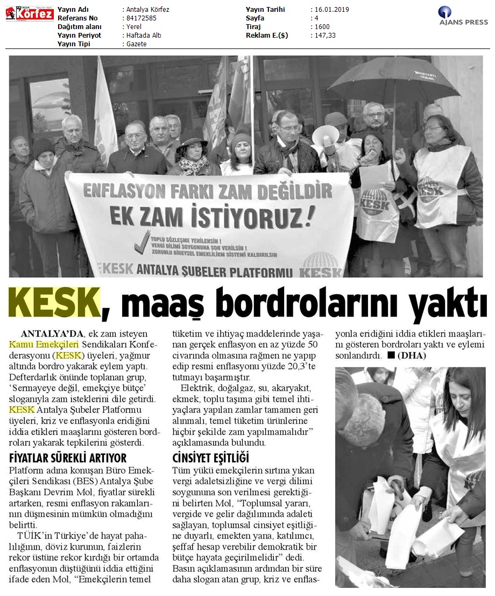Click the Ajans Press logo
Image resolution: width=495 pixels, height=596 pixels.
[x=463, y=16]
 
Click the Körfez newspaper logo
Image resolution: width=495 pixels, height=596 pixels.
[x=30, y=13]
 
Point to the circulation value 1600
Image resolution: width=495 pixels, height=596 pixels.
[x=323, y=27]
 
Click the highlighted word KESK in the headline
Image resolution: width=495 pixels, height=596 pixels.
[x=54, y=303]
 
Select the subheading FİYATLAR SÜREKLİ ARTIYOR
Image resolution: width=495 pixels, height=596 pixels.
[x=68, y=458]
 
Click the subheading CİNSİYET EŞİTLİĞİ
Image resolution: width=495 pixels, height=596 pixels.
[x=210, y=458]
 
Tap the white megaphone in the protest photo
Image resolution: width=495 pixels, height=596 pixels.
[x=326, y=136]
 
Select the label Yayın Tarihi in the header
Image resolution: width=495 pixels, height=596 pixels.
[x=265, y=10]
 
